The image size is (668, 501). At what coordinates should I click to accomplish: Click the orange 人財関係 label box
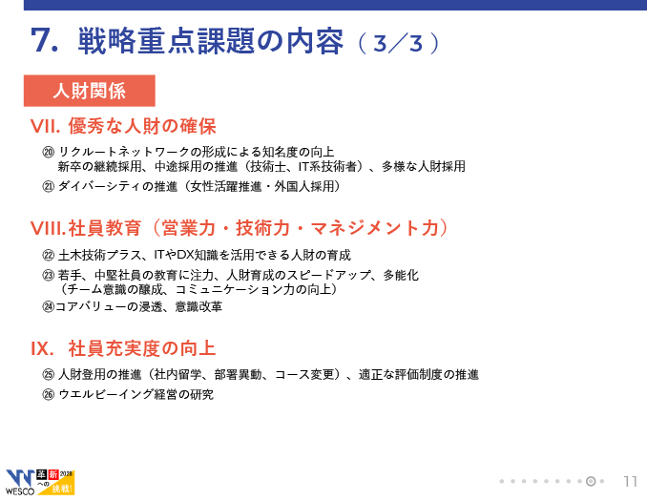click(90, 91)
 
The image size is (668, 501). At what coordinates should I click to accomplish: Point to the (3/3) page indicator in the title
click(398, 43)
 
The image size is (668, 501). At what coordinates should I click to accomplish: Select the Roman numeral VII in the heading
click(43, 127)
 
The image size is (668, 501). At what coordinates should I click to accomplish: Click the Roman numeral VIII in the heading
click(47, 229)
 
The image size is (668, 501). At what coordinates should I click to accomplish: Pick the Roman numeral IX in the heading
click(41, 349)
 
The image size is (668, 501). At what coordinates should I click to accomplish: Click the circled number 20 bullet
click(49, 152)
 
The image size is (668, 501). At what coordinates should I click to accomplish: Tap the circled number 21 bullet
click(49, 187)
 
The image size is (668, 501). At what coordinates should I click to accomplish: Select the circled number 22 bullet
click(49, 255)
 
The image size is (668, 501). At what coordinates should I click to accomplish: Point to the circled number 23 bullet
click(49, 275)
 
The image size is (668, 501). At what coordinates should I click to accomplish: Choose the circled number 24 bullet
click(49, 306)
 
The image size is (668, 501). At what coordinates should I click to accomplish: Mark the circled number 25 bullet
click(49, 374)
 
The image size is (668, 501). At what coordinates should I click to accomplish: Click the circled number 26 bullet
click(49, 394)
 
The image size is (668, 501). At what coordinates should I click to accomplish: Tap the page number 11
click(631, 481)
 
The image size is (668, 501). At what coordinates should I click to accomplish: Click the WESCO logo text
click(20, 491)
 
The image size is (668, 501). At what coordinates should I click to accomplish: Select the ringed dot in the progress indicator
click(591, 481)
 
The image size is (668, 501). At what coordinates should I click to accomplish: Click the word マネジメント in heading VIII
click(365, 228)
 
